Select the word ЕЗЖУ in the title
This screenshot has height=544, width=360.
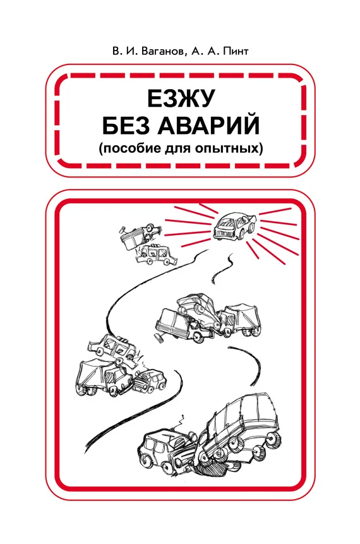click(181, 99)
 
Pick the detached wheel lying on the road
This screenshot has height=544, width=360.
click(159, 337)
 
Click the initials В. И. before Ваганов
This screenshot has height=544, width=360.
click(124, 51)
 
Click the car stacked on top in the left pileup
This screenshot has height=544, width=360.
click(112, 347)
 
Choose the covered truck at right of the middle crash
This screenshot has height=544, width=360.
click(239, 319)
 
